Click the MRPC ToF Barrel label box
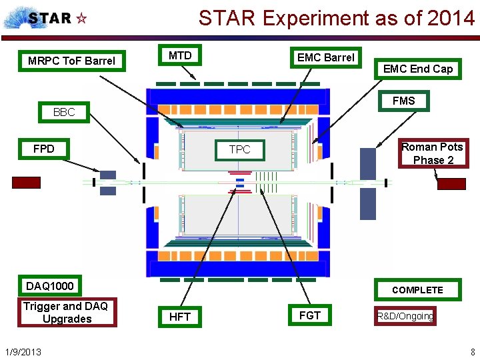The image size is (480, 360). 71,61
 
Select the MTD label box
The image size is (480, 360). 180,56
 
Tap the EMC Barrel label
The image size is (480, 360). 325,57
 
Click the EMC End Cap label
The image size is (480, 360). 417,69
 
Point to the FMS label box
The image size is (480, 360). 403,101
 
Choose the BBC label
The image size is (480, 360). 64,112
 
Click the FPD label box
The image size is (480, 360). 44,148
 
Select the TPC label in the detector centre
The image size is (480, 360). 240,149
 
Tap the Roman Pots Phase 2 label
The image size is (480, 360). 432,153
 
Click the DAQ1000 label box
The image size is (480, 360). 50,286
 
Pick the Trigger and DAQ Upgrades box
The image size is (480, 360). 67,312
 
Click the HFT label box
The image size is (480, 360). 180,317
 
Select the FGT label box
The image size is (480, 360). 310,315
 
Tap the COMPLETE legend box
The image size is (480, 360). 417,289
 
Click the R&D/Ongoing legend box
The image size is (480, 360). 405,316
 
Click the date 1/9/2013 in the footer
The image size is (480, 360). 23,351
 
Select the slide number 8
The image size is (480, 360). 472,351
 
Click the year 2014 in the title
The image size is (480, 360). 452,18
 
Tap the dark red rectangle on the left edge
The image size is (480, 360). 26,182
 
